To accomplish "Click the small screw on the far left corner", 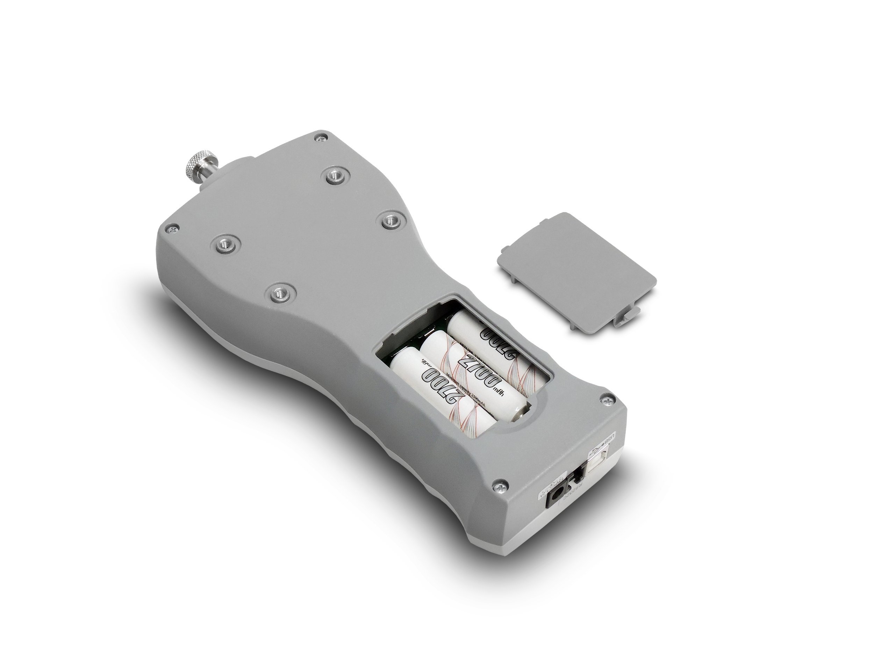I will click(172, 228).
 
